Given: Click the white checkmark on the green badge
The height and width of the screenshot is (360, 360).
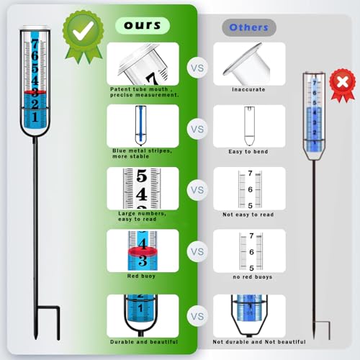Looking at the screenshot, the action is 84,30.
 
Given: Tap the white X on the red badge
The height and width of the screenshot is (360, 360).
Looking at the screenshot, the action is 343,83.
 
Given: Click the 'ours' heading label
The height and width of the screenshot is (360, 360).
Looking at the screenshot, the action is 143,25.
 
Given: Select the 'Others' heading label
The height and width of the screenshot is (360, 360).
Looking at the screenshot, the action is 248,27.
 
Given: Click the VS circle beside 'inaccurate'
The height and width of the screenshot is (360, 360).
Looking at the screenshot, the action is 197,68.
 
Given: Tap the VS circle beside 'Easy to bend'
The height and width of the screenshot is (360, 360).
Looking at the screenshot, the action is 197,129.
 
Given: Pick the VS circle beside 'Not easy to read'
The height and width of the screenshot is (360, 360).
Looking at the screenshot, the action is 197,190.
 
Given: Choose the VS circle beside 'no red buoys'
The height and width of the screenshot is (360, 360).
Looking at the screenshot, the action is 197,251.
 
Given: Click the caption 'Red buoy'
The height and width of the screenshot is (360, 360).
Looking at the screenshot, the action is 141,276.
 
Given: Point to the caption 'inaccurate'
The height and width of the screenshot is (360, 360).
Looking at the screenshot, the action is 248,89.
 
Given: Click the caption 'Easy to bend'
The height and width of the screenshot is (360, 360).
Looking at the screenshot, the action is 248,152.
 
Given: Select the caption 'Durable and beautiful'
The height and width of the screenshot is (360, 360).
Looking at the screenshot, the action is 144,342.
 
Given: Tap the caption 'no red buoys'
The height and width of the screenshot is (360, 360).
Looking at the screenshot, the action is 253,276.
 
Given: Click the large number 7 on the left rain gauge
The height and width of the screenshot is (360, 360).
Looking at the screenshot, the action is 35,44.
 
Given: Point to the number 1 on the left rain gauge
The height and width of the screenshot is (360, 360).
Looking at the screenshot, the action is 35,117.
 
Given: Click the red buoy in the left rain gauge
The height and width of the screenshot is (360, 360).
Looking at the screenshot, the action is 35,92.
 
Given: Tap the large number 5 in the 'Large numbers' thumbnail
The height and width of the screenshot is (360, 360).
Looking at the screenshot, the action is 142,176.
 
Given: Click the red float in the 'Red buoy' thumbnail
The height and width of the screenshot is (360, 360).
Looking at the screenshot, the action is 143,251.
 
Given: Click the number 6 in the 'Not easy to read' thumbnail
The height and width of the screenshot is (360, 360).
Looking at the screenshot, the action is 251,189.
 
